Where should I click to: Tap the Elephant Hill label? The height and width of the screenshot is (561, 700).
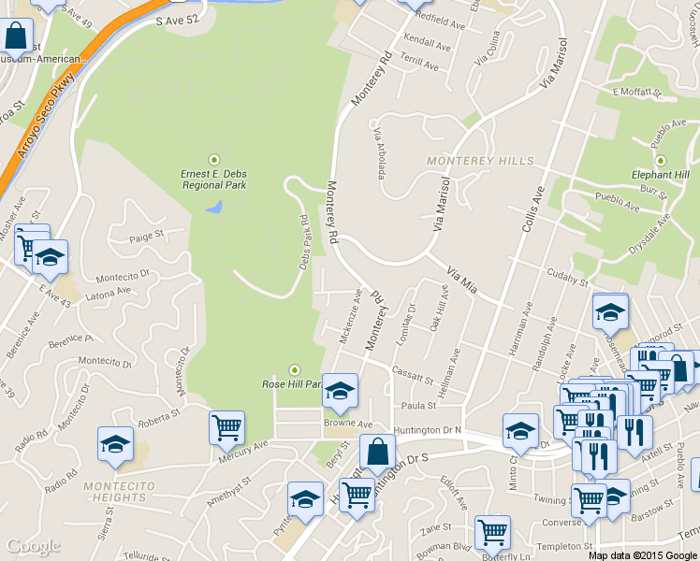click(x=660, y=175)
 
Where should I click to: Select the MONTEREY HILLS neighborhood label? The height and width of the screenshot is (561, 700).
click(x=480, y=161)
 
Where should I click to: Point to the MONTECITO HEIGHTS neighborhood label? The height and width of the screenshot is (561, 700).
click(x=114, y=492)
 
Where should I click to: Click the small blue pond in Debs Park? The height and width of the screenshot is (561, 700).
click(x=215, y=206)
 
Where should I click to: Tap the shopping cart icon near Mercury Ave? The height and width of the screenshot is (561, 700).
click(x=226, y=428)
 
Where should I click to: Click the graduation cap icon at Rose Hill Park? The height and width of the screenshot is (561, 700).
click(x=341, y=391)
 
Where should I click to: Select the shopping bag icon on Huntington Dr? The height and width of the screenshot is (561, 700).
click(x=376, y=451)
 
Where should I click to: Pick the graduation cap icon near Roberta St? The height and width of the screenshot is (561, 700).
click(x=115, y=443)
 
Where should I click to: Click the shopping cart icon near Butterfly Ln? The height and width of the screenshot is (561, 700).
click(x=492, y=532)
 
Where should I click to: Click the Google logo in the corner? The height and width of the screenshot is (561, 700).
click(x=33, y=546)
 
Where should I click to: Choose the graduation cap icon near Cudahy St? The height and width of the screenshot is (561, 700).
click(x=610, y=311)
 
